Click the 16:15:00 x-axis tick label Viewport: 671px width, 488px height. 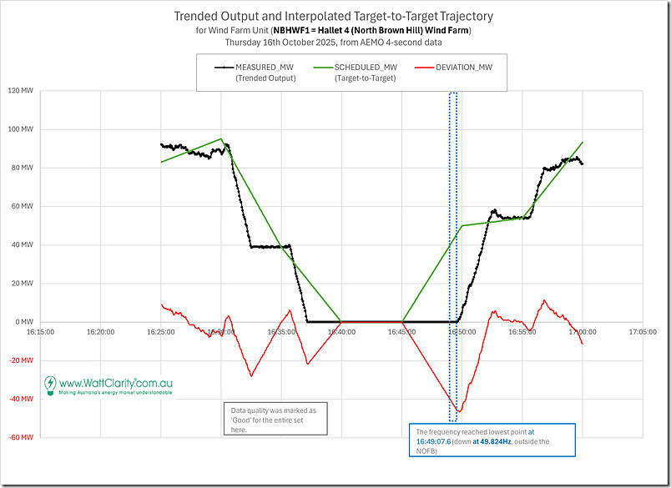click(x=40, y=331)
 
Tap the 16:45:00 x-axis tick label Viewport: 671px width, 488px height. click(x=401, y=331)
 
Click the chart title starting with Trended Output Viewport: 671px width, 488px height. click(x=335, y=16)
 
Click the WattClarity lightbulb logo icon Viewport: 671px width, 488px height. click(x=51, y=385)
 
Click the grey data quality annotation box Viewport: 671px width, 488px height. click(x=276, y=419)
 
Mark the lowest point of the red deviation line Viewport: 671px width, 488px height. click(x=457, y=411)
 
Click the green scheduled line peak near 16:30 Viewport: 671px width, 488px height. click(x=221, y=138)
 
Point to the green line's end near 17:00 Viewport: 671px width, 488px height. click(x=583, y=142)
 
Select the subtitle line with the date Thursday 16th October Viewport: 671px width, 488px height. click(x=335, y=42)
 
